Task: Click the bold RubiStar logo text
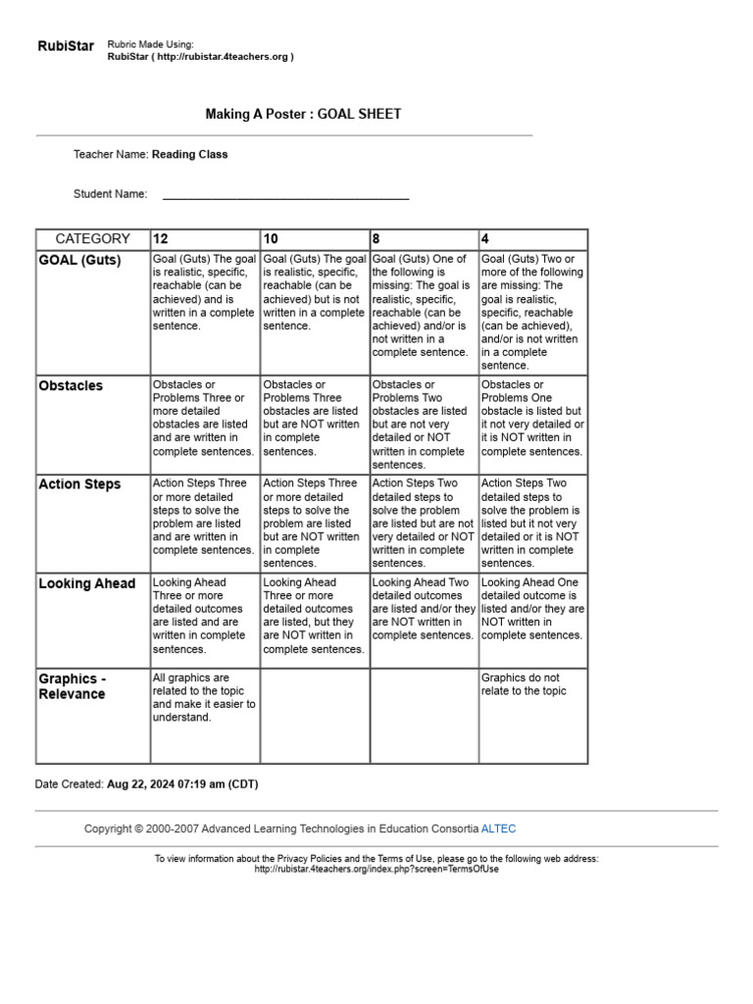66,46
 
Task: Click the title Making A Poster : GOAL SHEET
303,114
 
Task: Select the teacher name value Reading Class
189,154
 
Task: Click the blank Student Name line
285,195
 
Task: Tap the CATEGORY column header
92,238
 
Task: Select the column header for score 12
160,239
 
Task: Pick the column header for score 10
271,239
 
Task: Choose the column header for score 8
376,239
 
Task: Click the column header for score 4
485,239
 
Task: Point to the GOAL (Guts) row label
79,260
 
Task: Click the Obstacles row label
71,385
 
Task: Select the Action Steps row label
79,484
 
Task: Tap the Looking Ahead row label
86,583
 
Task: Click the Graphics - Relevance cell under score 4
532,684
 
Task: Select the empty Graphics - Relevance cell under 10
315,716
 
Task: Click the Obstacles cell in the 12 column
204,418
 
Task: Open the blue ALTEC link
498,828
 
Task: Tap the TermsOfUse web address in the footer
376,869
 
